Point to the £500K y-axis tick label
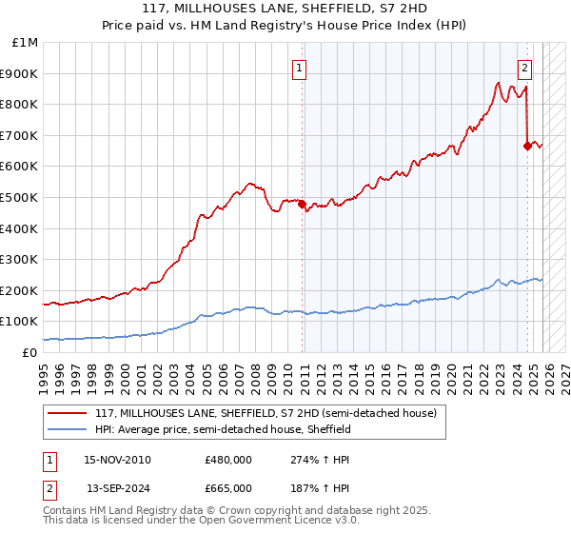coord(22,197)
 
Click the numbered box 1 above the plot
coord(299,68)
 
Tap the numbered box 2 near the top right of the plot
coord(524,68)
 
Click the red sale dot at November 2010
coord(303,204)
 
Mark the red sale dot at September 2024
coord(527,146)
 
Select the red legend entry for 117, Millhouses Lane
coord(266,413)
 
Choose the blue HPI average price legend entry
coord(223,430)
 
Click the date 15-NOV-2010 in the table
coord(117,460)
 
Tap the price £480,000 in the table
coord(228,460)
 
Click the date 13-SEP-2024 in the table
coord(117,488)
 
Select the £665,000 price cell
coord(228,488)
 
